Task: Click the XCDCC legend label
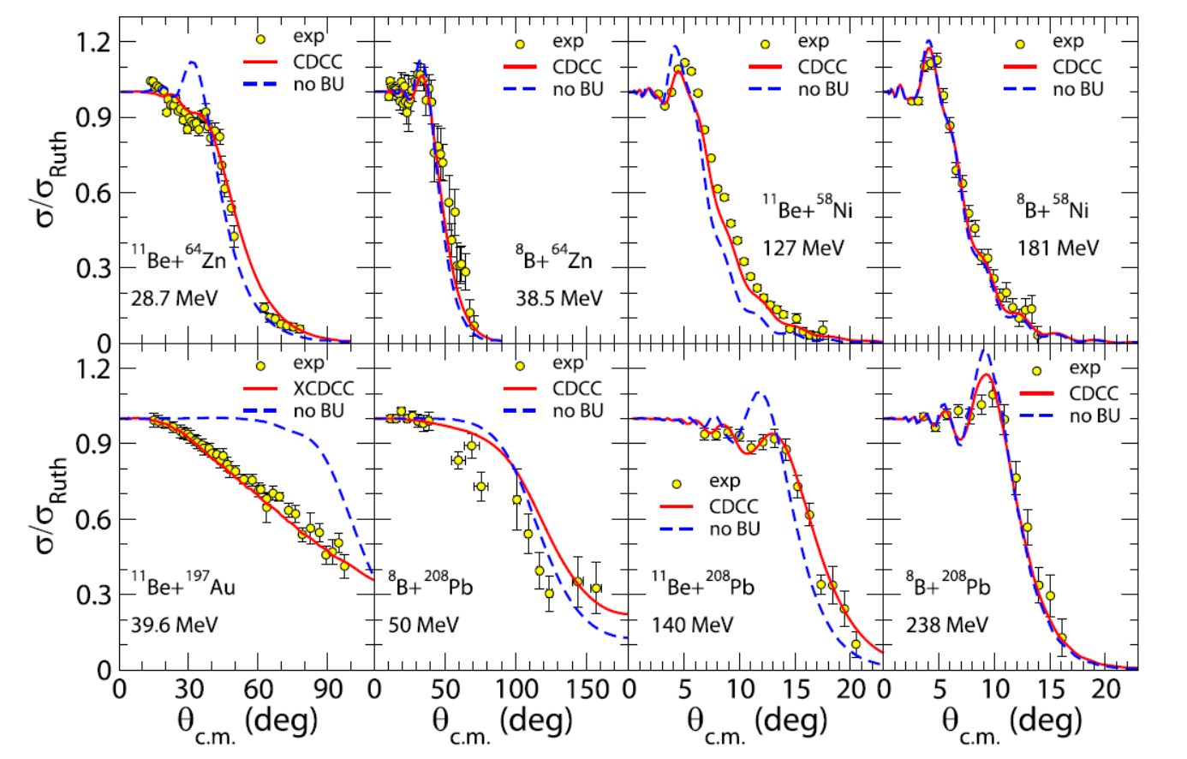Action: [x=323, y=388]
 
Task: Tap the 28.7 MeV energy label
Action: [x=174, y=299]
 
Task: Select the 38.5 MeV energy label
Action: [x=558, y=299]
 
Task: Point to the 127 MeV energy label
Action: [x=802, y=248]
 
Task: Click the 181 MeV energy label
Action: [x=1058, y=248]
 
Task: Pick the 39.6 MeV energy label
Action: [x=174, y=625]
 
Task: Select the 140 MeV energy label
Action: [x=692, y=625]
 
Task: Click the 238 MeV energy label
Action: [x=946, y=625]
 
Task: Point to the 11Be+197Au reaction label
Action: [x=182, y=585]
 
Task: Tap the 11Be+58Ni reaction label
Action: [x=808, y=208]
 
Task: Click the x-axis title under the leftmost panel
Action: [x=247, y=723]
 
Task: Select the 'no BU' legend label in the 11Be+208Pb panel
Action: [x=734, y=529]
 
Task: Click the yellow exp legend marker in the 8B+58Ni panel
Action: [x=1020, y=44]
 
